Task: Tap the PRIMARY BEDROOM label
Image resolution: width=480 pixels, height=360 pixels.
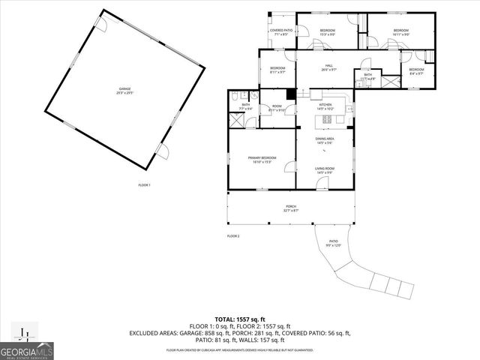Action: click(262, 159)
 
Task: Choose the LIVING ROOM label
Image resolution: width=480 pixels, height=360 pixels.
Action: click(325, 170)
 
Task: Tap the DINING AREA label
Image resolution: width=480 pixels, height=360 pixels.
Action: click(325, 141)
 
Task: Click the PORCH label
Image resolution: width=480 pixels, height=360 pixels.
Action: click(290, 208)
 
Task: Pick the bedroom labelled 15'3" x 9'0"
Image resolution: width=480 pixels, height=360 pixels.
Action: click(327, 32)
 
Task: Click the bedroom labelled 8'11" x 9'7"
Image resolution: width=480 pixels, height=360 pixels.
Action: click(277, 70)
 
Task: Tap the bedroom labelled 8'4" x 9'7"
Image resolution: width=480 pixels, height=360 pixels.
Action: click(416, 71)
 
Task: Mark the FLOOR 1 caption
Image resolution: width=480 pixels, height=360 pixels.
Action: click(144, 185)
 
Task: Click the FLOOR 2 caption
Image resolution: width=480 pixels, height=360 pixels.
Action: click(233, 236)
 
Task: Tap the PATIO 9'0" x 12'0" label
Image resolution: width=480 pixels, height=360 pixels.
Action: click(334, 244)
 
